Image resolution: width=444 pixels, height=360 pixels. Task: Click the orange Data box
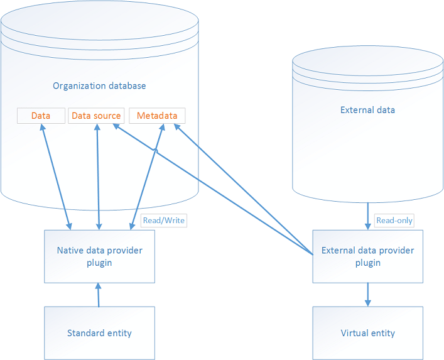[x=41, y=116]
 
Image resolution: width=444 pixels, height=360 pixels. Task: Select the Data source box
[x=96, y=116]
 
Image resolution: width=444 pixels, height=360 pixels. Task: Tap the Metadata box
[x=157, y=116]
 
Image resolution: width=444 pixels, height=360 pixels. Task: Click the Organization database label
[x=99, y=86]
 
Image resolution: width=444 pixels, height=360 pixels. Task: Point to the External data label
[x=367, y=110]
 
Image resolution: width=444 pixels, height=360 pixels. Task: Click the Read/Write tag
[x=164, y=221]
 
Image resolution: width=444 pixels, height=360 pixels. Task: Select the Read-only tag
[x=394, y=221]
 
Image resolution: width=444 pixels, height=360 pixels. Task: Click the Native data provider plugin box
[x=99, y=256]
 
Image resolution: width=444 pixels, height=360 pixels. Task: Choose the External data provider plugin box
[x=367, y=256]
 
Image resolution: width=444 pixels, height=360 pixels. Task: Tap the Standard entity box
[x=99, y=333]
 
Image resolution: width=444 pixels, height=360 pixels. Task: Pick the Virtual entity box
[x=367, y=333]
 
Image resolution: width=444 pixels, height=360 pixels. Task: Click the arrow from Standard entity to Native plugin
[x=99, y=295]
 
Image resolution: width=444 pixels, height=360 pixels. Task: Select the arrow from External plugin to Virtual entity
[x=367, y=295]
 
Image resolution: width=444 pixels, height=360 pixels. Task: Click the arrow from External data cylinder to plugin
[x=367, y=215]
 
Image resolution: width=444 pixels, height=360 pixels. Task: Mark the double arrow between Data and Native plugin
[x=55, y=177]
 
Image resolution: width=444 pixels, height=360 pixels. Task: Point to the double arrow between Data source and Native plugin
[x=97, y=177]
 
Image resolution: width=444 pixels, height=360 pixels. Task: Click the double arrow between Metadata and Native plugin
[x=147, y=177]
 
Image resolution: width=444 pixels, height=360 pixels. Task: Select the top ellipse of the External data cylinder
[x=367, y=60]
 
